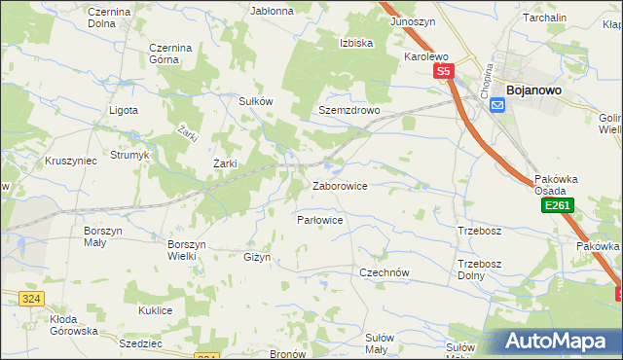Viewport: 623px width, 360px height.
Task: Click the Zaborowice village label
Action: point(339,185)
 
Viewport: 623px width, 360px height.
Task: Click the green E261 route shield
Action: point(558,206)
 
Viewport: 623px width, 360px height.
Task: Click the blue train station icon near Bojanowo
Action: point(498,105)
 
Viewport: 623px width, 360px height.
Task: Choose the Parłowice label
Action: point(319,220)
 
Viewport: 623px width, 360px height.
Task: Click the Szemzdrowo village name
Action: point(348,111)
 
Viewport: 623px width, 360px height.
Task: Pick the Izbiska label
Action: point(357,43)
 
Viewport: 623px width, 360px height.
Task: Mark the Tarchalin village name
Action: point(572,18)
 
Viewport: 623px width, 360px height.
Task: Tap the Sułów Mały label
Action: point(378,342)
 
